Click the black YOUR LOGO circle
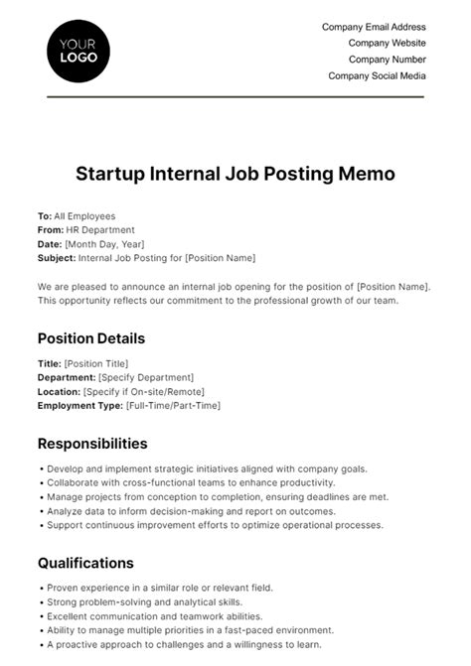78,50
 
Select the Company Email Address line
374,27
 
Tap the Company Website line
387,43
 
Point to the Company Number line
387,60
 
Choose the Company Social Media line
377,75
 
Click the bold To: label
45,215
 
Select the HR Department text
101,229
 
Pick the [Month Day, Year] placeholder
103,243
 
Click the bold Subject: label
57,257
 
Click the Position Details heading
91,338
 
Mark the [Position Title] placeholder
96,363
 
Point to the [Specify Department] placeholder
145,377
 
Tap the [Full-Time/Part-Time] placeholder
173,405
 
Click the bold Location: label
59,391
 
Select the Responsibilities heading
92,444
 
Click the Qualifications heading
85,563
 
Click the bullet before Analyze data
40,511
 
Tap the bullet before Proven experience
40,588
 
